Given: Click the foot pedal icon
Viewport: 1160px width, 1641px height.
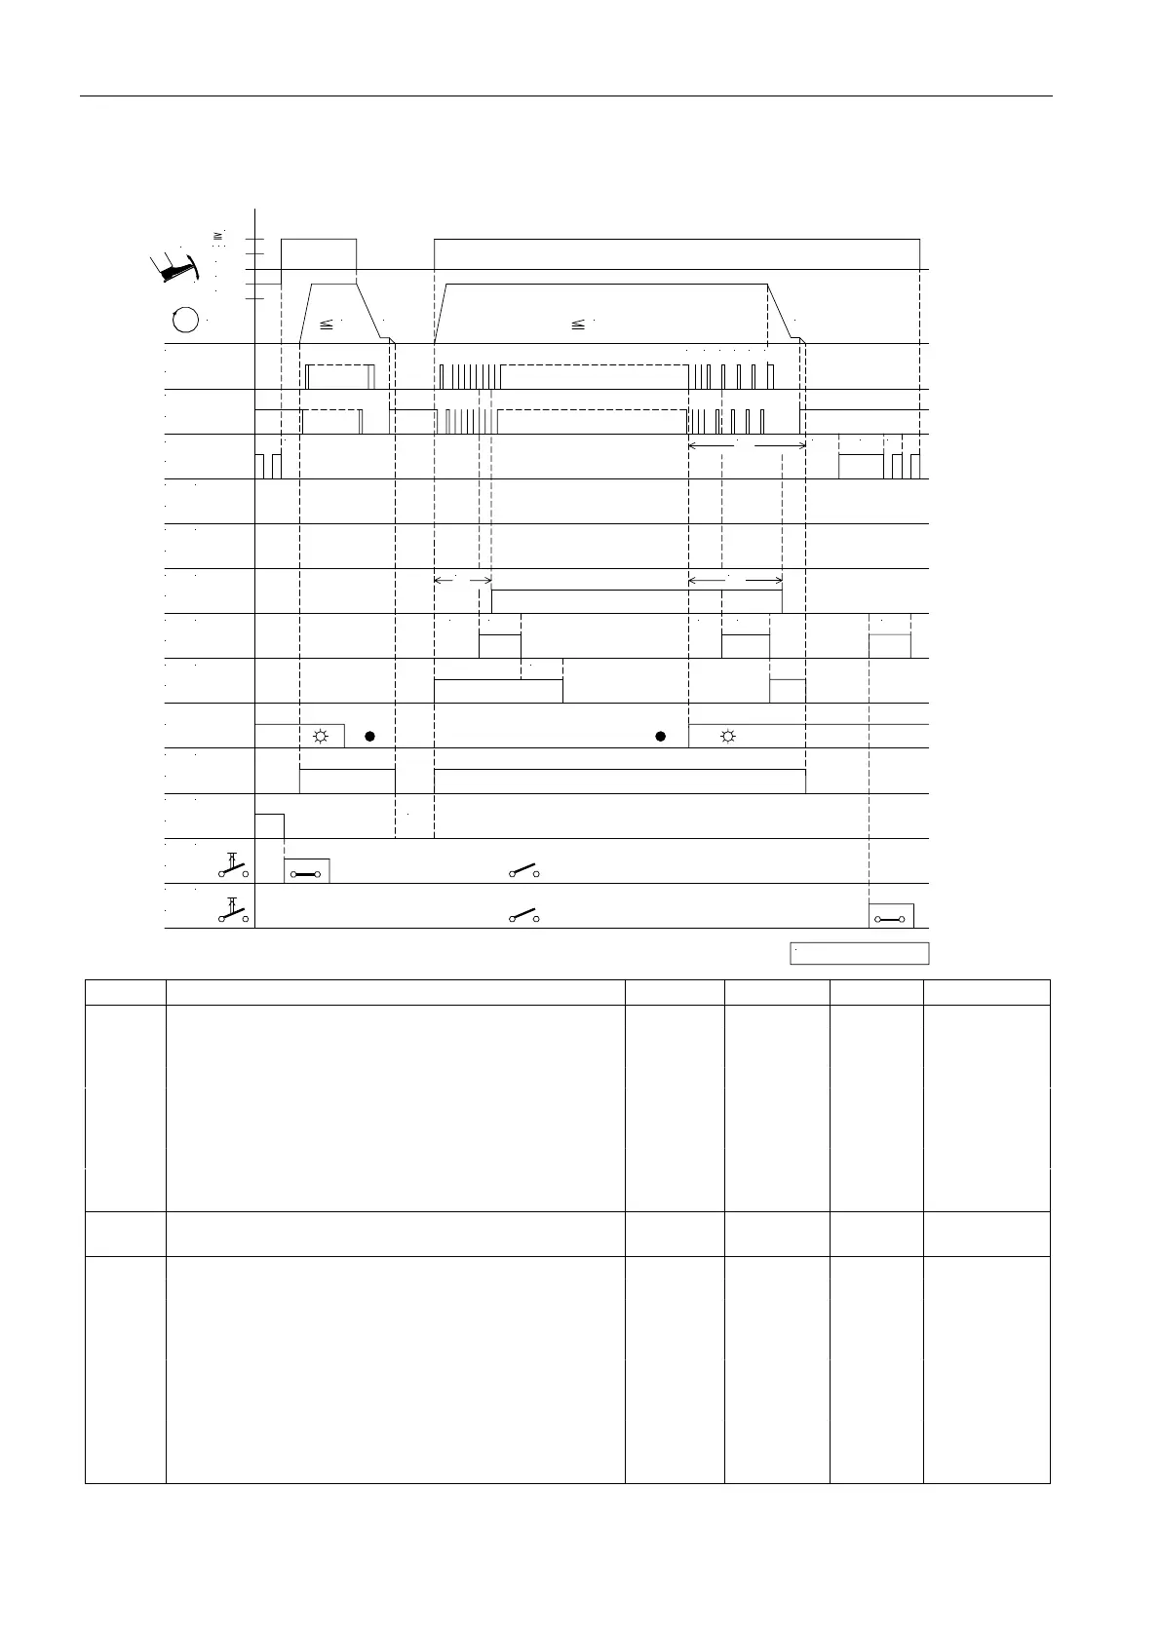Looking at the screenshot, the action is [175, 267].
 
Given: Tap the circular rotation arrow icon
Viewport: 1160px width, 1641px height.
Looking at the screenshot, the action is [186, 320].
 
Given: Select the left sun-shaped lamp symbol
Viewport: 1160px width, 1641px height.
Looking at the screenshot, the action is [320, 736].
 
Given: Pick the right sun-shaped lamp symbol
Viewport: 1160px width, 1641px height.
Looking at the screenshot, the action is [727, 736].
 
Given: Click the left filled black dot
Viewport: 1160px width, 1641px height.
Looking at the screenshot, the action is [369, 736].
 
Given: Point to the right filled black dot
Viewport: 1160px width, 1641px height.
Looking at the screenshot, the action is [660, 736].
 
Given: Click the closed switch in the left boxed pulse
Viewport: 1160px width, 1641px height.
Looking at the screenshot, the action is [306, 873].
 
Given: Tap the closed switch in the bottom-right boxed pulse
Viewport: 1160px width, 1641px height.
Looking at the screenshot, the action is [891, 919].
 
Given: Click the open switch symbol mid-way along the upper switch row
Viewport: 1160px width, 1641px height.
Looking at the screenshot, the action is [524, 870].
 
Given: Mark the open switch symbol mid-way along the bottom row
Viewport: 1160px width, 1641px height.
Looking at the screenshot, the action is [524, 916].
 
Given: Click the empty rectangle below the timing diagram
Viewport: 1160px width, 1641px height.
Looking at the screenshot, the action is [859, 953].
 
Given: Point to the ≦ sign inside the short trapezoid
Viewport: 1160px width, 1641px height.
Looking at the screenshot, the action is [327, 324].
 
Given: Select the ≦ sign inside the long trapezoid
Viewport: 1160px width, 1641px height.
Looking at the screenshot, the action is [577, 323].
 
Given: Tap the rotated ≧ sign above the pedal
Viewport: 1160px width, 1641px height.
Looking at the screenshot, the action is [218, 235].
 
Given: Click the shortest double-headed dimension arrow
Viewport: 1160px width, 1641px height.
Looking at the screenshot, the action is [462, 581].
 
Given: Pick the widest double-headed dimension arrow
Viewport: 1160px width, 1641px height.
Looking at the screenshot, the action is [747, 445].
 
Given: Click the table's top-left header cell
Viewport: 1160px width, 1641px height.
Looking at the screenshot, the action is [126, 992].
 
